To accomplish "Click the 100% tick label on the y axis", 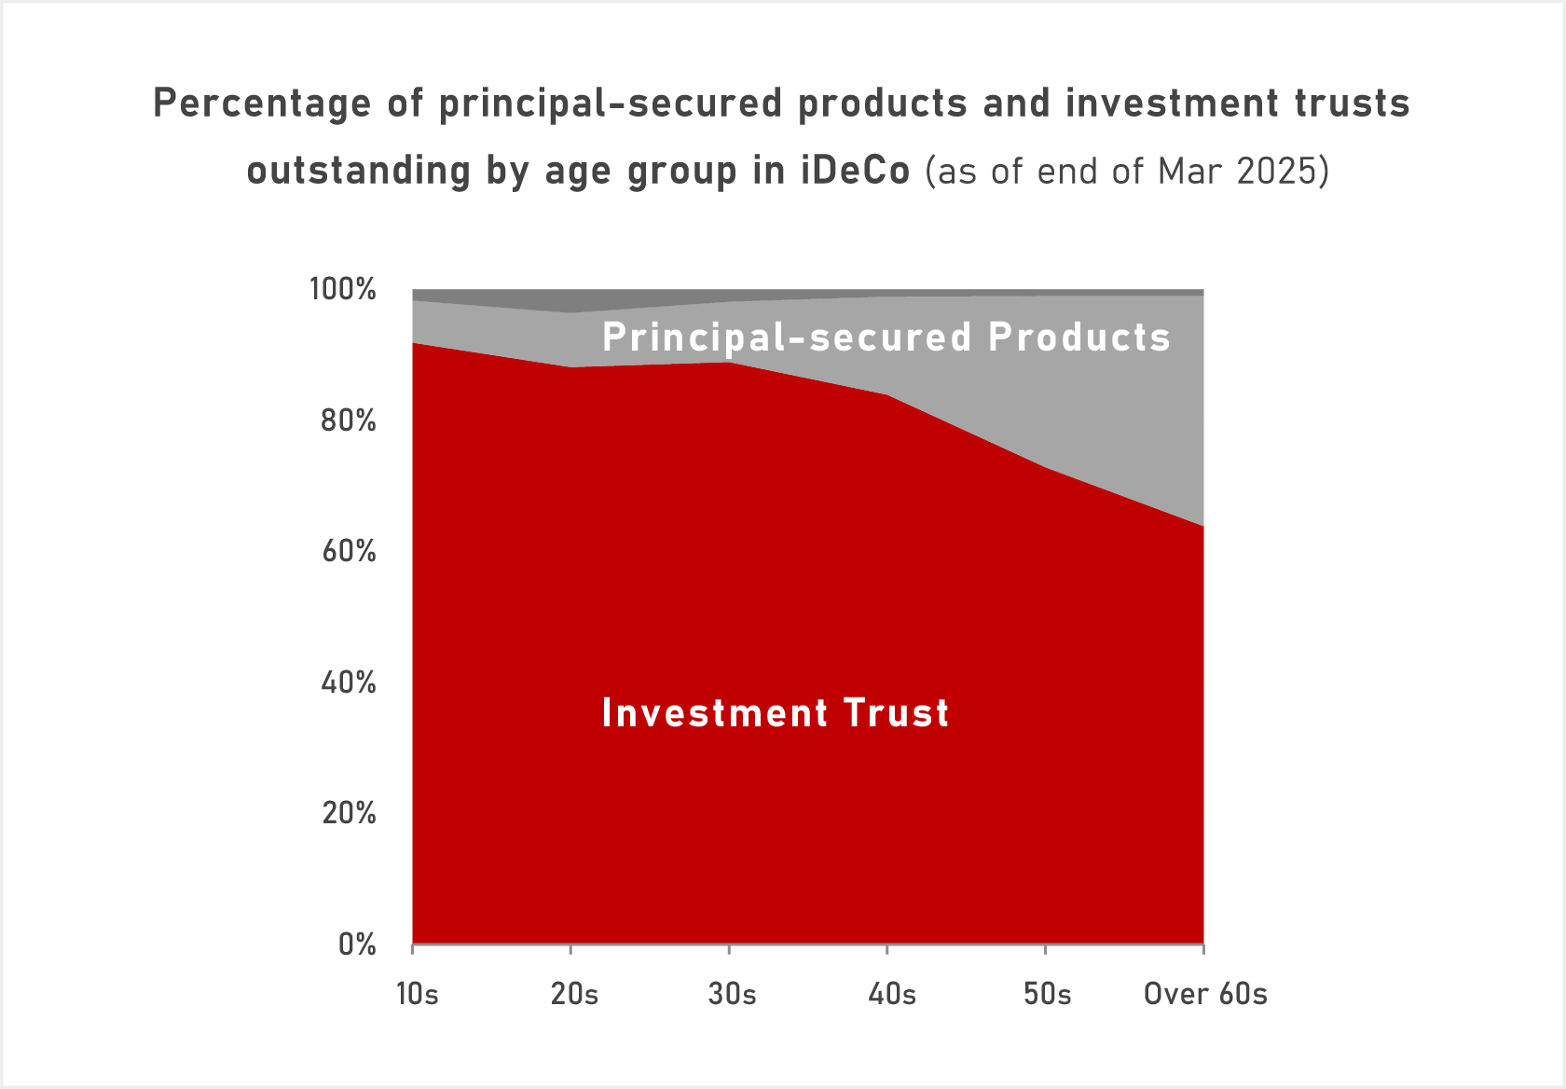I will click(343, 290).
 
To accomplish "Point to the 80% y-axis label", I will click(348, 421).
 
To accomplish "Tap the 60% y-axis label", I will click(348, 552).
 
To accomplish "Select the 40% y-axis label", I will click(348, 683).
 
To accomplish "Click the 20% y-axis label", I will click(348, 814).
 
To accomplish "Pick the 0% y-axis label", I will click(356, 945).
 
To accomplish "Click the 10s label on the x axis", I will click(417, 995).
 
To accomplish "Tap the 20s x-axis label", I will click(574, 995).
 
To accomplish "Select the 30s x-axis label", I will click(732, 995).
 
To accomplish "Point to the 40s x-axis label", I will click(892, 995).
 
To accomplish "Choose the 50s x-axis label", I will click(1047, 995).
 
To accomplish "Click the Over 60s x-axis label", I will click(1205, 995).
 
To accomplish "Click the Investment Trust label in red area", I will click(775, 713).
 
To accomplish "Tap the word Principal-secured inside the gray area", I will click(787, 338).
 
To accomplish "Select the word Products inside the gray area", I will click(1078, 338).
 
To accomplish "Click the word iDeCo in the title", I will click(855, 172).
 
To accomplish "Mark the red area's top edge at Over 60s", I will click(1202, 527).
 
